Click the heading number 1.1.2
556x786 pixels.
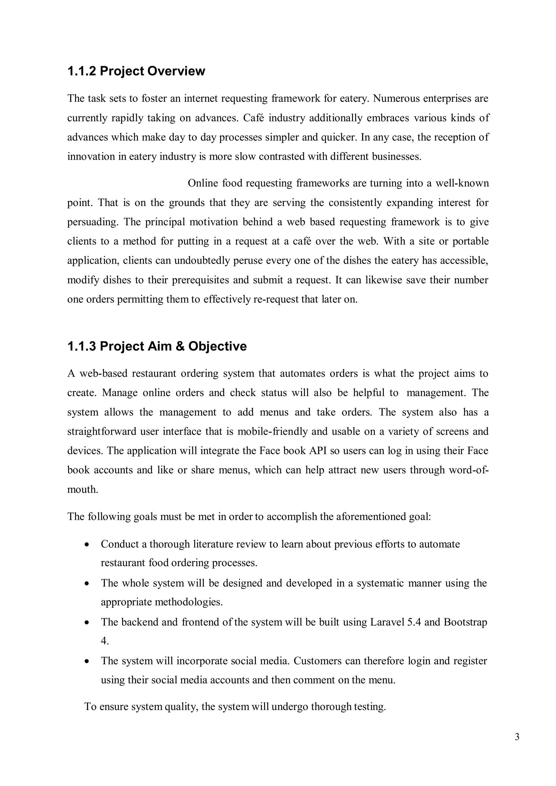coord(81,71)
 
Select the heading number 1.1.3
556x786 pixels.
coord(81,346)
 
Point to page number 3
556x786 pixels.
coord(517,736)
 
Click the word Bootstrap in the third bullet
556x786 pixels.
coord(465,622)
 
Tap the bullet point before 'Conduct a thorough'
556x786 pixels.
coord(88,544)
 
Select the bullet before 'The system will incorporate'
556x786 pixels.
coord(88,661)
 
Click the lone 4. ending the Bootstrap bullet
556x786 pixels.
coord(105,641)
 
